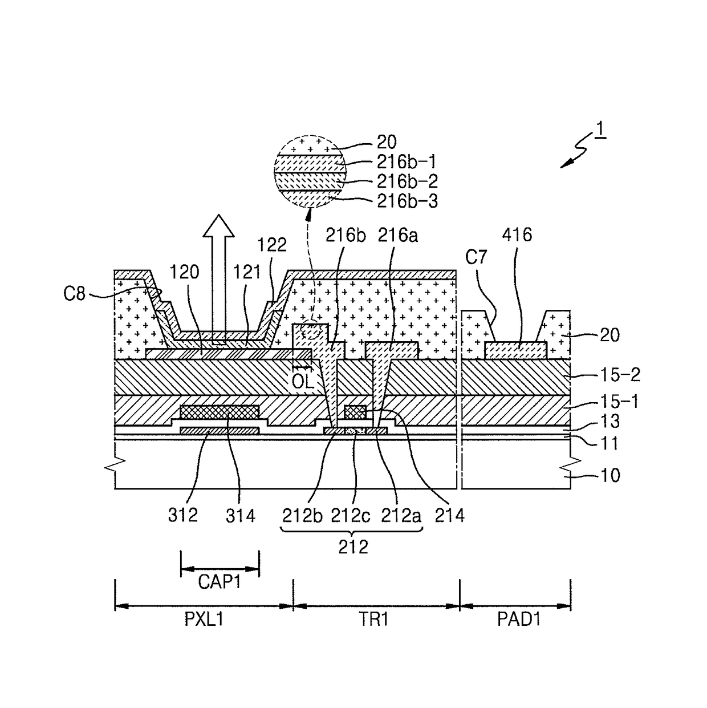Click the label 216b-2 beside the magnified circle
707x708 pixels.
point(407,181)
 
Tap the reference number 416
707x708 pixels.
point(517,234)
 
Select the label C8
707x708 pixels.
point(75,294)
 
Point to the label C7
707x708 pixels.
point(476,257)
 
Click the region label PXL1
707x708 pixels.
point(204,619)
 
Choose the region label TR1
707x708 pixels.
point(373,619)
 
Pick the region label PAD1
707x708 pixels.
point(519,619)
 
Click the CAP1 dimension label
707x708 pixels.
point(220,582)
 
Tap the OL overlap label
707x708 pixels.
point(303,382)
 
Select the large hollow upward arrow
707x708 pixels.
point(219,279)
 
